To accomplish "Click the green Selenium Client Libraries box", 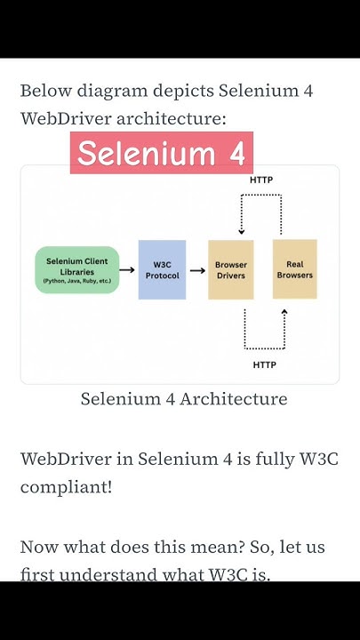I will [x=76, y=270].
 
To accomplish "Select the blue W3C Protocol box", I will [x=162, y=270].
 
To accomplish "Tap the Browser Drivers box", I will [x=230, y=270].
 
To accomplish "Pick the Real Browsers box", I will [x=294, y=269].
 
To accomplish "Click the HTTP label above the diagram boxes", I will [x=261, y=180].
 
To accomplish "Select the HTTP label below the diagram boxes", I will [x=264, y=364].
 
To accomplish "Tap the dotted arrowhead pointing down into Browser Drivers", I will [x=241, y=232].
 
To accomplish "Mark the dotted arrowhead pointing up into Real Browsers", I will [x=284, y=312].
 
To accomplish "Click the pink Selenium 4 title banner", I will [x=161, y=153].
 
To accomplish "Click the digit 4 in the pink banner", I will [x=236, y=153].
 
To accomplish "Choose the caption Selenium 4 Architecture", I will [x=184, y=399].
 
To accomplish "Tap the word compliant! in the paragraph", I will [x=67, y=488].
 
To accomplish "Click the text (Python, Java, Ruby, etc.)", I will [x=76, y=281].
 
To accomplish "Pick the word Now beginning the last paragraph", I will [x=39, y=547].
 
